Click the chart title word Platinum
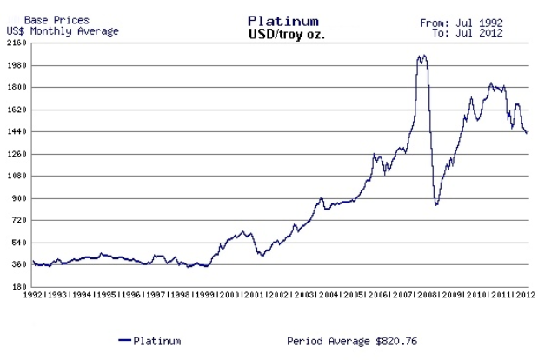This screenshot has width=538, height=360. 282,20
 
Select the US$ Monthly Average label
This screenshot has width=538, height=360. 62,30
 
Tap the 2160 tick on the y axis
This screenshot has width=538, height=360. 16,43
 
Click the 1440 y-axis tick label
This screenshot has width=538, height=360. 16,131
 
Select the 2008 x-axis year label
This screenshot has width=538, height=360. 428,296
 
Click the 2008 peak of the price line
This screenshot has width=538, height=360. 422,57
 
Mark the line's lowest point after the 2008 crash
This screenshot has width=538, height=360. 436,204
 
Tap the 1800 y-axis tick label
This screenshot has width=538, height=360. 16,87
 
